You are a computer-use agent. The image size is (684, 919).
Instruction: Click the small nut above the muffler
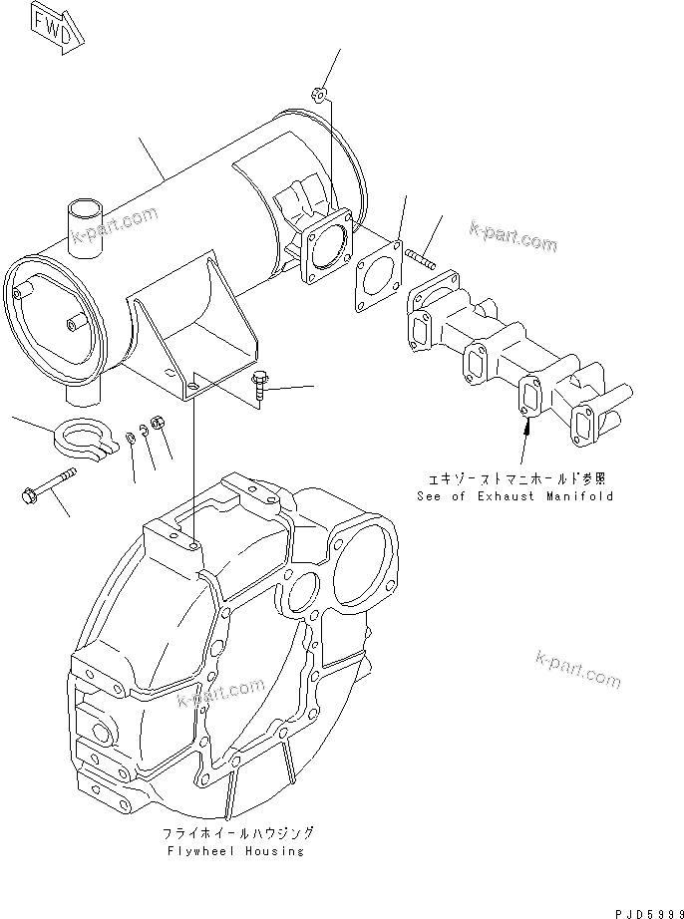[x=317, y=96]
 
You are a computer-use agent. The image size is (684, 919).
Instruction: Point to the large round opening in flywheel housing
[x=362, y=564]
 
